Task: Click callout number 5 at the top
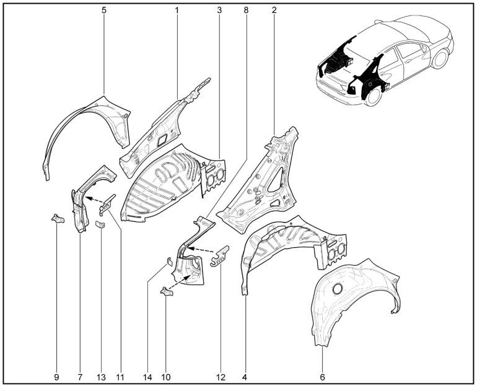tap(104, 11)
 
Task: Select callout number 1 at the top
tap(177, 11)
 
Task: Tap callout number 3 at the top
tap(219, 11)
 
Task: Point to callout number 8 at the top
tap(246, 11)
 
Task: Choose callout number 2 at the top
tap(274, 11)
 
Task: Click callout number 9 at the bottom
tap(56, 377)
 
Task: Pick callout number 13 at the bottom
tap(102, 377)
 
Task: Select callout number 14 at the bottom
tap(147, 377)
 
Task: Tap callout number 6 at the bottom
tap(323, 377)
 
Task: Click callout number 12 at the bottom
tap(221, 377)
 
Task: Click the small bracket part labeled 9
tap(58, 219)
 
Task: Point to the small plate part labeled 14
tap(169, 262)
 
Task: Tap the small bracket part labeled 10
tap(166, 291)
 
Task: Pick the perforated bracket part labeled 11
tap(107, 204)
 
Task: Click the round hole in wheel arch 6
tap(338, 289)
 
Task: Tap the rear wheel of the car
tap(373, 95)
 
